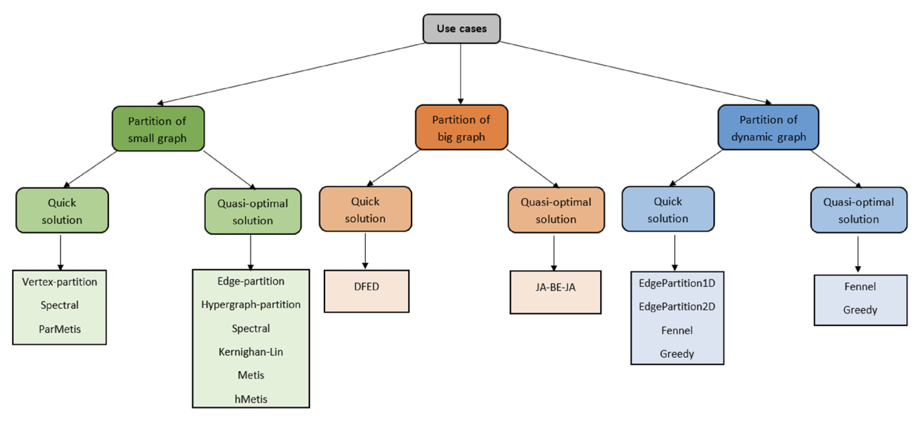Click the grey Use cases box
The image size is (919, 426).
(461, 29)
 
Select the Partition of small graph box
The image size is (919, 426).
(158, 129)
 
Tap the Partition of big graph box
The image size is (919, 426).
(461, 127)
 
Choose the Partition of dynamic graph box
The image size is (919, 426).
(768, 127)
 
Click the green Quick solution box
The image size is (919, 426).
(62, 210)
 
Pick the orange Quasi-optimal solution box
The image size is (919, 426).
(556, 210)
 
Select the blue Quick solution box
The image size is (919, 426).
(668, 209)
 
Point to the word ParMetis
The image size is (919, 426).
(60, 329)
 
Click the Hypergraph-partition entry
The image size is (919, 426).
(251, 305)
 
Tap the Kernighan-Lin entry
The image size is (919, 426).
(251, 352)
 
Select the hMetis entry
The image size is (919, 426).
(251, 399)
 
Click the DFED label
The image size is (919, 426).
(367, 287)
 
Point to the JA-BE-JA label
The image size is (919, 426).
(556, 287)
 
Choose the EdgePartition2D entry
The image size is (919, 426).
(677, 307)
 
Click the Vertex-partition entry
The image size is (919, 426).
(59, 282)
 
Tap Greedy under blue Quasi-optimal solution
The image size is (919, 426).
(860, 310)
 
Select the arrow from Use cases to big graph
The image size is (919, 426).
(461, 74)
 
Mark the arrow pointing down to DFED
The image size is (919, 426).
(365, 251)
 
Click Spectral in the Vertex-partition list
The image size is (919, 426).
(59, 305)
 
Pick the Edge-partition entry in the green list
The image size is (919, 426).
(251, 281)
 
